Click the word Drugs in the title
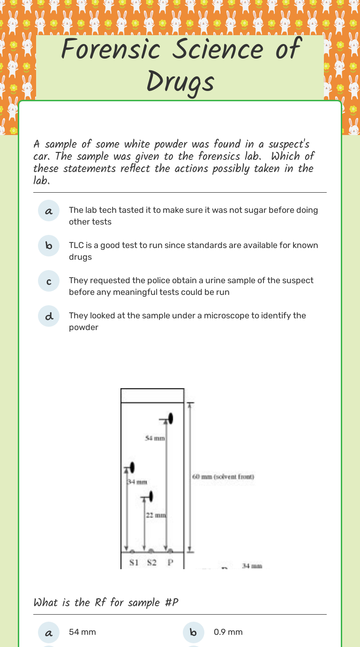[x=180, y=83]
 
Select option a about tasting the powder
[x=49, y=211]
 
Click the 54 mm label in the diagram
[x=154, y=438]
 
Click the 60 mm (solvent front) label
[x=223, y=477]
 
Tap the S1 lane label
[x=134, y=563]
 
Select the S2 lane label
[x=151, y=563]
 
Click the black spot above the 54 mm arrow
[x=171, y=418]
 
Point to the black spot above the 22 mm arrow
[x=151, y=496]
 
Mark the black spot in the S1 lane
[x=133, y=467]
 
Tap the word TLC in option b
[x=76, y=245]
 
